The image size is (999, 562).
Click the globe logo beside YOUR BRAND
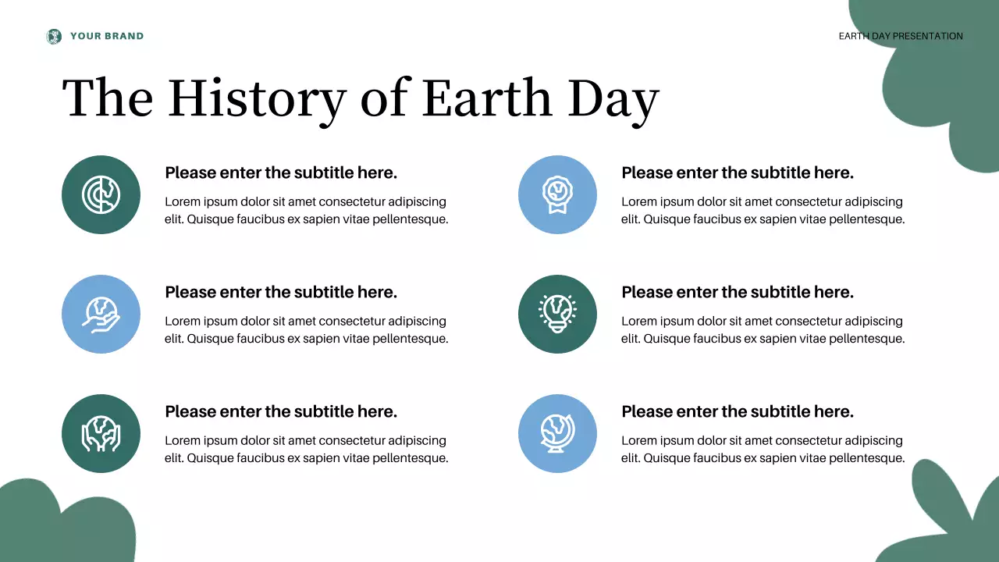coord(54,36)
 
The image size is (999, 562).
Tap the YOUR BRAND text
coord(107,36)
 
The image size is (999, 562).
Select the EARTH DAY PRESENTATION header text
coord(901,36)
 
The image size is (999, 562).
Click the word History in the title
coord(257,100)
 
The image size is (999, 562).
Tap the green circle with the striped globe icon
coord(101,194)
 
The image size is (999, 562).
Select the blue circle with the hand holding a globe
coord(101,314)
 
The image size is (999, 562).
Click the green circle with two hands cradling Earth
coord(101,433)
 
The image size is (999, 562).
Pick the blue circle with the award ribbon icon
coord(557,194)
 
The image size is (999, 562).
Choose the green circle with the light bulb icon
coord(557,314)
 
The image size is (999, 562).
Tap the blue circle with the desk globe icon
coord(557,433)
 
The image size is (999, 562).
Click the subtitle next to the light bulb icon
coord(738,292)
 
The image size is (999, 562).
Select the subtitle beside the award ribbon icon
coord(738,173)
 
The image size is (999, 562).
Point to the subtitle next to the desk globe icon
coord(738,411)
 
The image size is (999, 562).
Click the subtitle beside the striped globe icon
coord(281,173)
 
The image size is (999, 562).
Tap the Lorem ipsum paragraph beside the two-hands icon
coord(307,449)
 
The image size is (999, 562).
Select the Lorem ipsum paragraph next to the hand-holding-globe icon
coord(307,329)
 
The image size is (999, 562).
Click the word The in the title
coord(108,98)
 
